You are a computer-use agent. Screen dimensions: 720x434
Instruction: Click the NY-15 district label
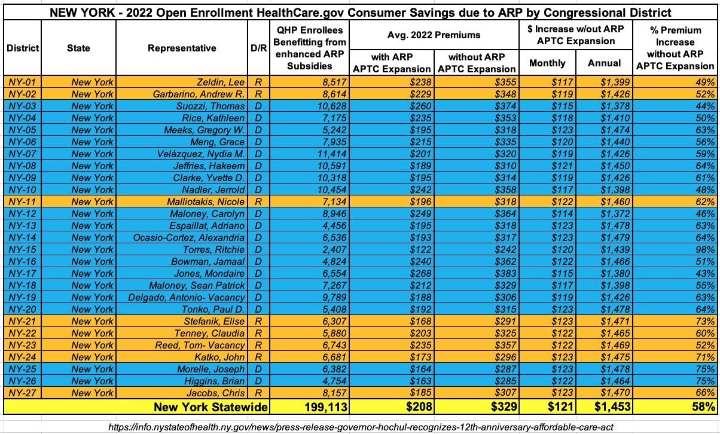coord(22,250)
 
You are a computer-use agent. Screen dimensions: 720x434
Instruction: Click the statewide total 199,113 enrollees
coord(326,407)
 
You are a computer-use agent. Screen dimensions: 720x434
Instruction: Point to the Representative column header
coord(182,48)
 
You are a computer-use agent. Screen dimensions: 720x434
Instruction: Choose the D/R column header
coord(258,48)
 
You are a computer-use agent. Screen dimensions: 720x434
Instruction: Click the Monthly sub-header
coord(547,63)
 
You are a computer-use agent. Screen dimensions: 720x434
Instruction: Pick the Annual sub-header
coord(604,63)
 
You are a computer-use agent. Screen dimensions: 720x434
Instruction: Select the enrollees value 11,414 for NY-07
coord(332,154)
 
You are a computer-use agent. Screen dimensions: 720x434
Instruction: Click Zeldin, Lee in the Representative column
coord(221,82)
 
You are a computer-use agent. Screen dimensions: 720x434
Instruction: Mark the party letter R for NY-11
coord(258,201)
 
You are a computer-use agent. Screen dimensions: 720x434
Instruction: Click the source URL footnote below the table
coord(361,427)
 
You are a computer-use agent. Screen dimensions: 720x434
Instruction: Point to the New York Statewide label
coord(210,407)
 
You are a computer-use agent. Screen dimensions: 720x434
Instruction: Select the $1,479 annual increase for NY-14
coord(615,238)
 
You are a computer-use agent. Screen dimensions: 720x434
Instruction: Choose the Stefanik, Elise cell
coord(214,321)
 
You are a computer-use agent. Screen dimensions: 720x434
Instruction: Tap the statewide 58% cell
coord(703,407)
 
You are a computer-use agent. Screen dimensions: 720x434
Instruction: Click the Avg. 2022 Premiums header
coord(434,35)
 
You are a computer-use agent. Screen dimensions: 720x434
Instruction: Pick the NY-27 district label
coord(22,393)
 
